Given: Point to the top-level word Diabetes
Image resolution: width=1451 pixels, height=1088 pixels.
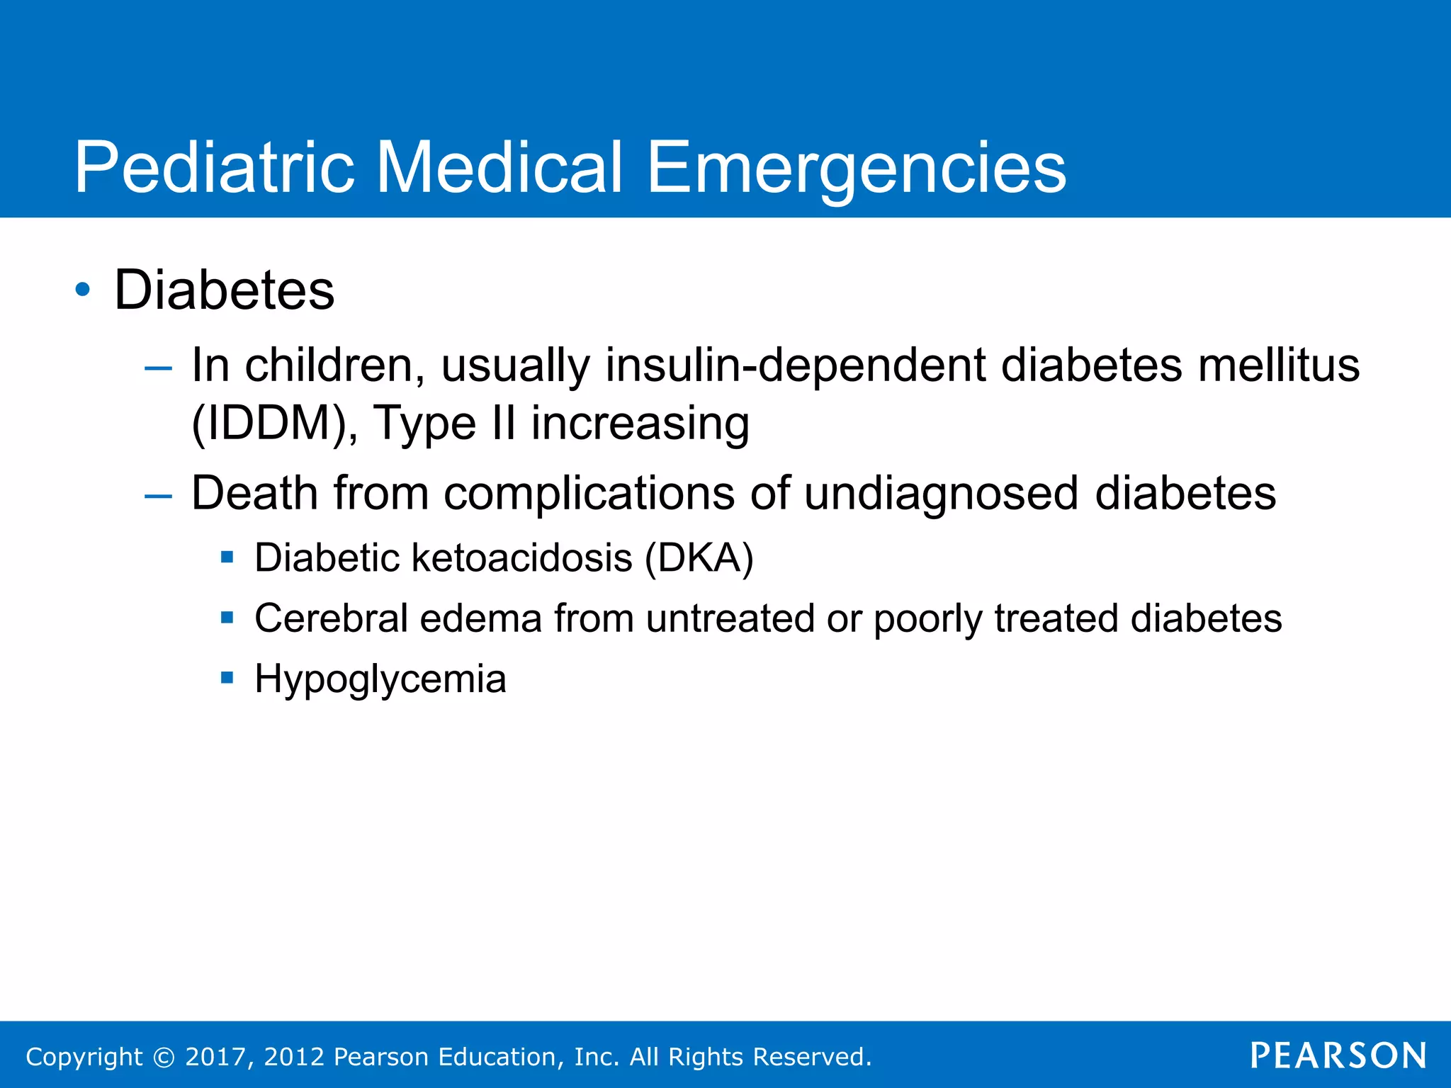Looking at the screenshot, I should point(224,290).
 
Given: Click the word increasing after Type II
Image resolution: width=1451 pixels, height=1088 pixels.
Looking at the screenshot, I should point(640,424).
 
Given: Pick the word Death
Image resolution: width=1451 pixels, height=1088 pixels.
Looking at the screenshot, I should point(254,493).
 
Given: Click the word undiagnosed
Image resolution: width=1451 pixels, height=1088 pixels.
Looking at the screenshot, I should point(941,493).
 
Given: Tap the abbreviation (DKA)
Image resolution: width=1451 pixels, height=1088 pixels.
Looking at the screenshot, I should point(699,558).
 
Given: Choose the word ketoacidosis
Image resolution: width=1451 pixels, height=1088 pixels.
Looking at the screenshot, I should point(521,558).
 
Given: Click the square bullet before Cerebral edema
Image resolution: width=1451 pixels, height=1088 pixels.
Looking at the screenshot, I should point(227,618).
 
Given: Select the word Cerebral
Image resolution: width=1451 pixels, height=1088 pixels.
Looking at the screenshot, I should point(331,618).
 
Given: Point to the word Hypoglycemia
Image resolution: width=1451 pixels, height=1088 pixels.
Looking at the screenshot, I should point(380,679).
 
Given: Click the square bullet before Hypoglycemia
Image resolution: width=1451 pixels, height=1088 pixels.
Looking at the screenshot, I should point(227,678).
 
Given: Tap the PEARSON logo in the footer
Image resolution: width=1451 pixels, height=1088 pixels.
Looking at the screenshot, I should point(1338,1055).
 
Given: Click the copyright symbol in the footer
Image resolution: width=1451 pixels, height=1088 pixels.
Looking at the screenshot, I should point(164,1057).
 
